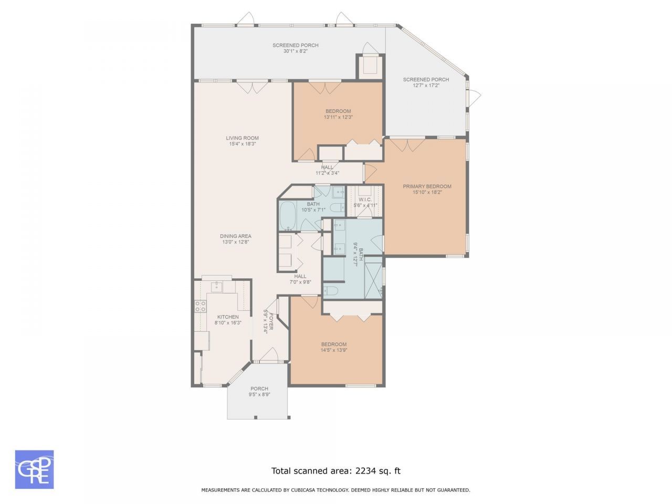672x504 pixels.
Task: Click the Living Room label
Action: coord(242,138)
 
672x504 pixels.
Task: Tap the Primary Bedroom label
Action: coord(427,186)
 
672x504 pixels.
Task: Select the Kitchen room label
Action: coord(228,317)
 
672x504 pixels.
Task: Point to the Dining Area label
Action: coord(235,236)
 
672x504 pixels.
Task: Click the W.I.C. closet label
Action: coord(365,199)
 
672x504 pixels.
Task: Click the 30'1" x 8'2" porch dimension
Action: coord(295,51)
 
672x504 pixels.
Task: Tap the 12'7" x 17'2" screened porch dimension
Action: coord(426,86)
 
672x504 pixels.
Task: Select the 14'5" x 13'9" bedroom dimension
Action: coord(334,350)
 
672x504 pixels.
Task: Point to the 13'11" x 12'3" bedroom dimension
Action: coord(338,117)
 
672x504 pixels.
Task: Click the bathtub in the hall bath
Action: coord(287,215)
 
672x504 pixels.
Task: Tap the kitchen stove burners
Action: coord(201,306)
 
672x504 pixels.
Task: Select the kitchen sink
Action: coord(217,287)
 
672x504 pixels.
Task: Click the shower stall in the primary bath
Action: coord(373,278)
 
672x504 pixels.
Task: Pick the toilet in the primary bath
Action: coord(331,290)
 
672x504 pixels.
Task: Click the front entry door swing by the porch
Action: coord(268,355)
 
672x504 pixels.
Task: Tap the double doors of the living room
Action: coord(253,88)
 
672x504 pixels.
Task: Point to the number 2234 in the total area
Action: coord(365,470)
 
